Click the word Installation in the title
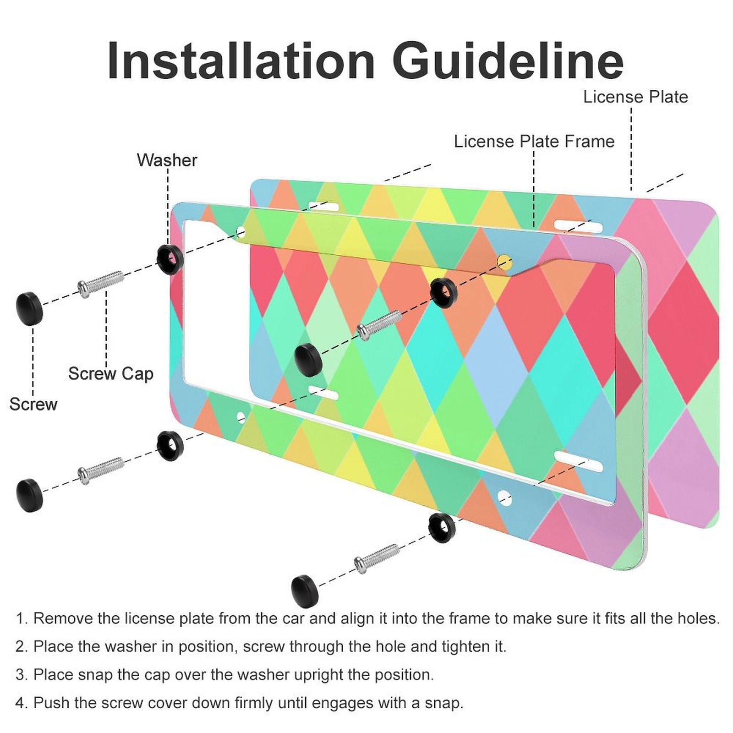coord(241,61)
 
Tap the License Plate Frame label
coord(534,142)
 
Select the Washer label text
coord(167,160)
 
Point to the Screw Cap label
coord(110,374)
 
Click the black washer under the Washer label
coord(170,259)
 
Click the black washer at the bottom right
coord(442,526)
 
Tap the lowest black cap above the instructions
coord(305,590)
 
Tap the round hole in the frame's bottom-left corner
coord(241,417)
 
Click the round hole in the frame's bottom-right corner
coord(504,497)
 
